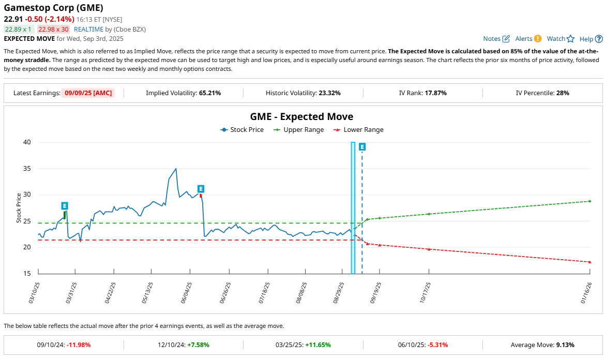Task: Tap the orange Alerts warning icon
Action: (x=538, y=39)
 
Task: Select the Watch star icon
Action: (x=571, y=39)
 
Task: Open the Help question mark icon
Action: (x=599, y=39)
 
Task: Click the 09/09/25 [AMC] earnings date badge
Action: (x=87, y=93)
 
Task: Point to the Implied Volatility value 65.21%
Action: (x=210, y=93)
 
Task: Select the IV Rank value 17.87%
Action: (x=435, y=93)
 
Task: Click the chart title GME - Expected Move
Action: (x=302, y=117)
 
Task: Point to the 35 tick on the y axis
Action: (x=27, y=169)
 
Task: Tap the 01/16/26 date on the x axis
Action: (x=588, y=293)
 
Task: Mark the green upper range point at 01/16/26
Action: (x=590, y=201)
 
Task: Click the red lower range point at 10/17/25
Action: (x=429, y=249)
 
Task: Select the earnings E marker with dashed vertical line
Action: (x=362, y=147)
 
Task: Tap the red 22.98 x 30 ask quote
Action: (x=53, y=29)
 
